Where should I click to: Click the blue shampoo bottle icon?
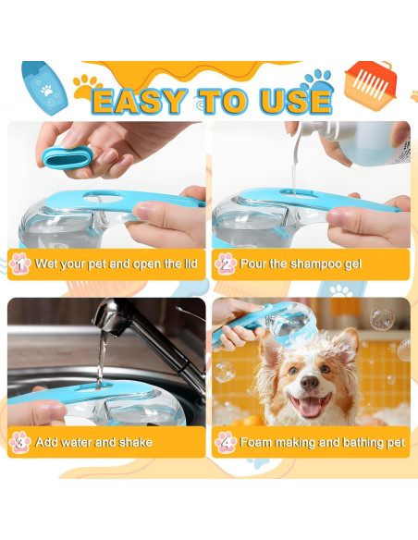tap(43, 86)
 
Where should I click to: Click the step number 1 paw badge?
tap(20, 264)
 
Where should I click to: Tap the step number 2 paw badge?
tap(225, 264)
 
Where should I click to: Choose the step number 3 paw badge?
tap(20, 441)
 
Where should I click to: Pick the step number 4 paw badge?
tap(225, 441)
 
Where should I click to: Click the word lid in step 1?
tap(189, 264)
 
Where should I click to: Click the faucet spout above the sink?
tap(104, 325)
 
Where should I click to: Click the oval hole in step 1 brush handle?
tap(108, 193)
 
